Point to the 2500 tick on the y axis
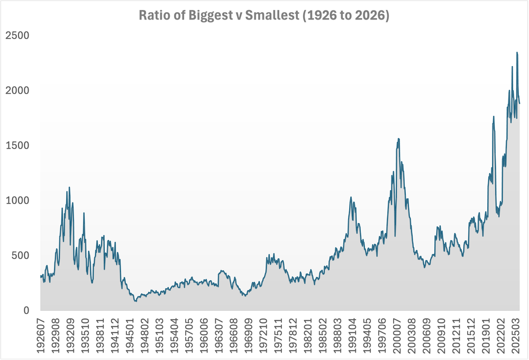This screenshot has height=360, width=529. pos(18,35)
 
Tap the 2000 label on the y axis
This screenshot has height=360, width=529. pos(18,90)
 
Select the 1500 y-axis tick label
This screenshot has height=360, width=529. pos(18,145)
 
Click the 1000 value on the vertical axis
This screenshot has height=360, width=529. pos(18,200)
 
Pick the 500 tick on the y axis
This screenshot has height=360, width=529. pos(22,255)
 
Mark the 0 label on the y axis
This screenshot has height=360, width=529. pos(26,310)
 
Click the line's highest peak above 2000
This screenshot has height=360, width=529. pos(517,53)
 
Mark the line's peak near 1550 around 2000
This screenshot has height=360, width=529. pos(398,139)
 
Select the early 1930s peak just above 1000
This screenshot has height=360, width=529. pos(69,187)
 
